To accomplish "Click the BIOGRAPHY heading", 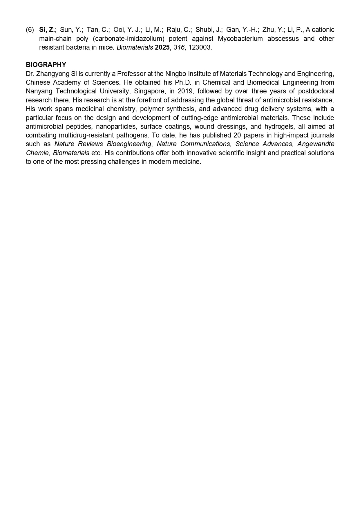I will point(46,65).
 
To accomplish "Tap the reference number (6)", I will point(30,30).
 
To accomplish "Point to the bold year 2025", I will point(163,48).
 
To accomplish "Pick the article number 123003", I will point(200,48).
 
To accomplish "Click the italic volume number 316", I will point(179,48).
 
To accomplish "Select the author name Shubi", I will point(203,30).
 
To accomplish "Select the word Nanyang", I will point(38,91).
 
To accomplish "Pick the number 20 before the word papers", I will point(237,135).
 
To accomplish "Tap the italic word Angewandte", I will point(316,144).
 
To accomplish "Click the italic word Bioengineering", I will point(129,144).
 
